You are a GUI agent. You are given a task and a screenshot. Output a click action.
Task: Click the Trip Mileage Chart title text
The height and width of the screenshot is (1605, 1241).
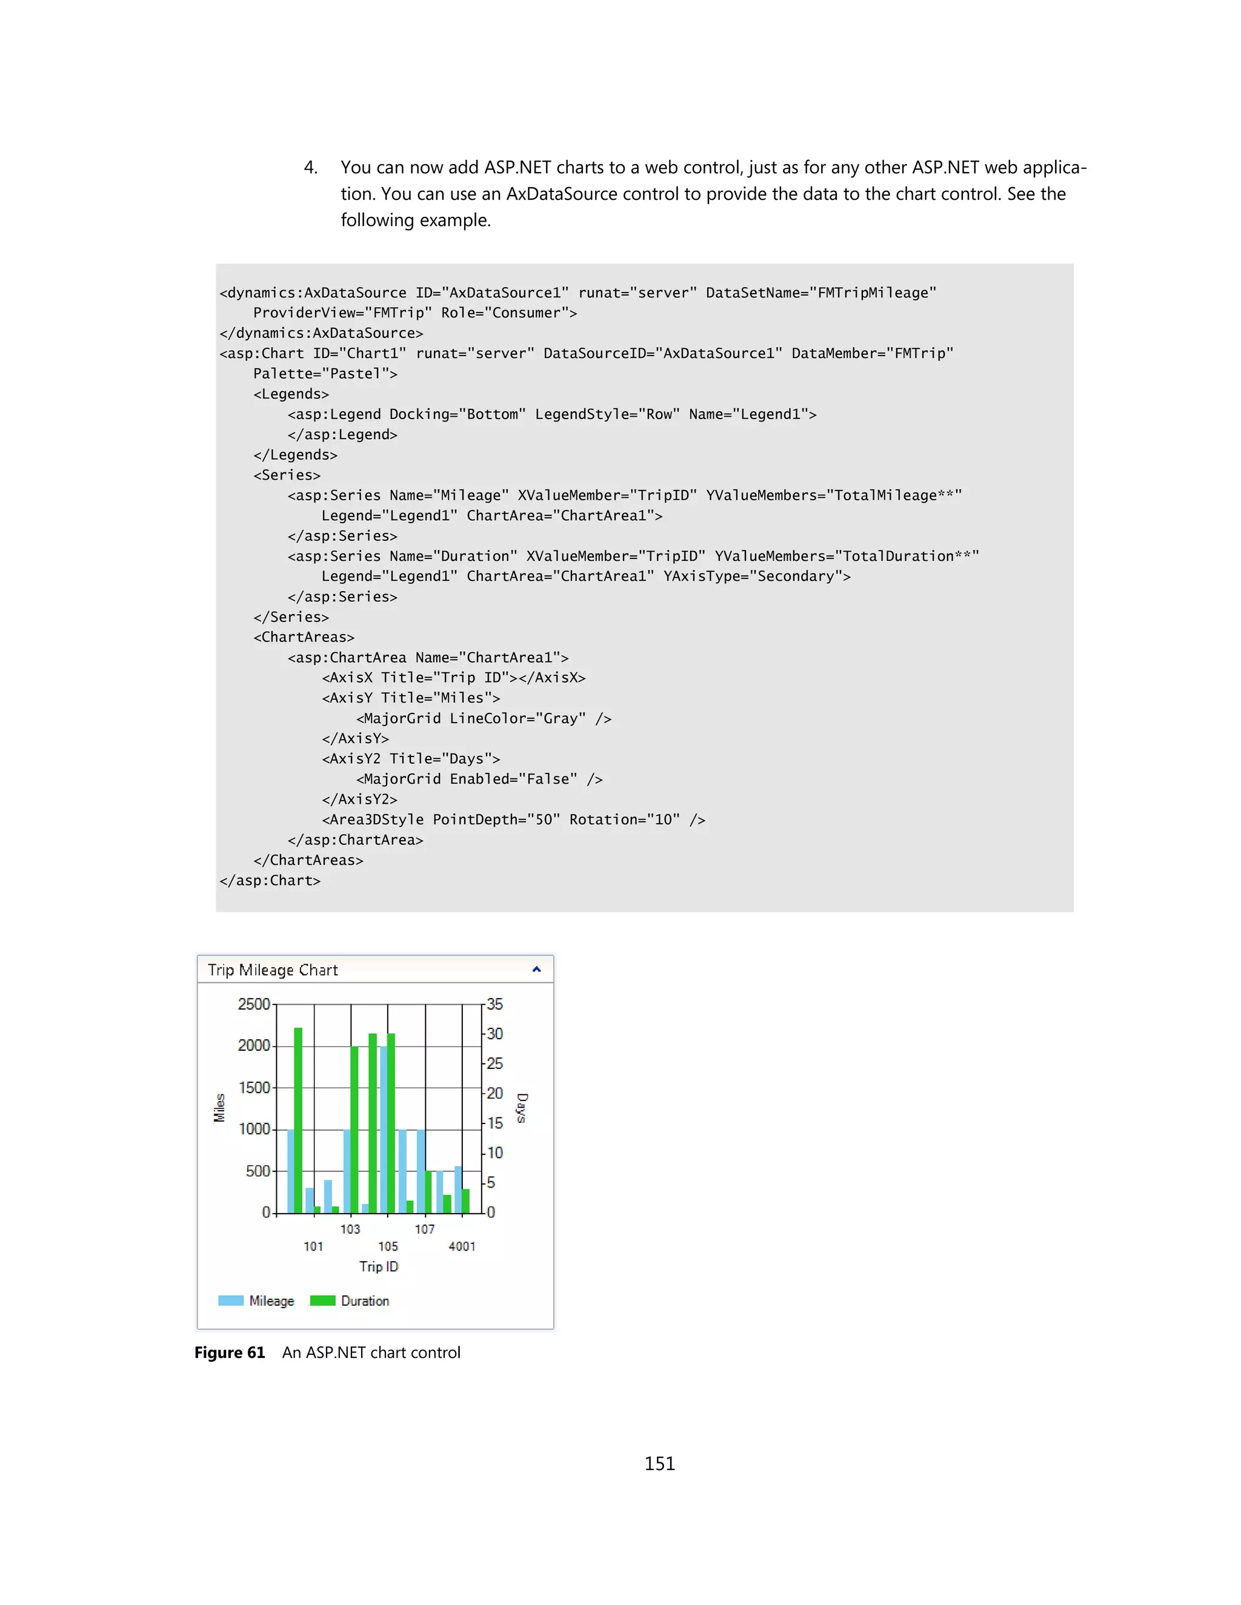pos(273,970)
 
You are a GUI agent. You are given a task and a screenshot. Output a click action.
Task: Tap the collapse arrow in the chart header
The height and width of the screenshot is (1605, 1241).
pos(537,969)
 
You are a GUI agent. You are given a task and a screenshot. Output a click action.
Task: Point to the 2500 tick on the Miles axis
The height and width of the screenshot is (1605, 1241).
pos(254,1004)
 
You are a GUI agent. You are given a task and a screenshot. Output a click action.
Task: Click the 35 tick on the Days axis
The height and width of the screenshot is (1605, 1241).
pos(495,1004)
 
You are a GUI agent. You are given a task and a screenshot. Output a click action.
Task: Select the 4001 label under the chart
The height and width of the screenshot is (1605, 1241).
pos(462,1246)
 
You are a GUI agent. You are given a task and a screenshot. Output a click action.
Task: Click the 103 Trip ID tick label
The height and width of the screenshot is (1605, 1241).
pos(350,1229)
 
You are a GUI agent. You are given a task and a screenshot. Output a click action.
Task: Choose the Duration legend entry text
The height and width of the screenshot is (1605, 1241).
pos(365,1301)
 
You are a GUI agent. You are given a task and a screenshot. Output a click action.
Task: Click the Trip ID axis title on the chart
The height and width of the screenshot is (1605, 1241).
pos(379,1266)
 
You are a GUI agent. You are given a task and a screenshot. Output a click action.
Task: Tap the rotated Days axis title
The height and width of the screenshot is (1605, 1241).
pos(522,1108)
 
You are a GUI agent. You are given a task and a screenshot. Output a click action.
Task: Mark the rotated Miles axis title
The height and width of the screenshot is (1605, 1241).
pos(219,1108)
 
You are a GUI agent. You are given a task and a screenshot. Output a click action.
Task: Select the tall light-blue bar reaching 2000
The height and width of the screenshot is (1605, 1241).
pos(383,1128)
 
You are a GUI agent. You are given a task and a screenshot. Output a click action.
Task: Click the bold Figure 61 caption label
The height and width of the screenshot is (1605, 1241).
pos(230,1353)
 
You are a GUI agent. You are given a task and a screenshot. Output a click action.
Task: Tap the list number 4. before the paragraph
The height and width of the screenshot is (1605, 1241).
pos(310,168)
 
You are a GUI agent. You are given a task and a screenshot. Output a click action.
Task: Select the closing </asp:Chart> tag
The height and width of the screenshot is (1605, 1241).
pos(270,881)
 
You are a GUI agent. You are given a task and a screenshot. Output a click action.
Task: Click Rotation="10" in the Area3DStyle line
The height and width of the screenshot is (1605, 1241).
pos(624,819)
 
